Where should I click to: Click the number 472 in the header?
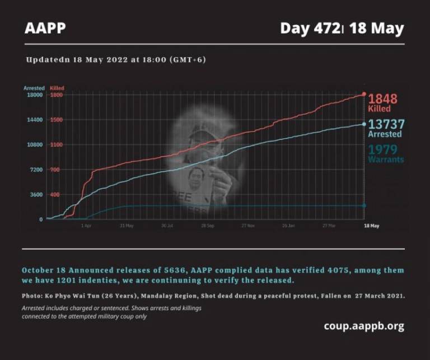tap(325, 29)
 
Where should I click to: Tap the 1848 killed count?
tap(382, 99)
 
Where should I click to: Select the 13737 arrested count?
tap(386, 124)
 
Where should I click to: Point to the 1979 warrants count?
tap(382, 149)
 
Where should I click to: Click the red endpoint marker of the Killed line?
tap(364, 95)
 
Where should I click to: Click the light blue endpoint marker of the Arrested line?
tap(364, 124)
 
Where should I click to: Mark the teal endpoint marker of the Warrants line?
tap(364, 205)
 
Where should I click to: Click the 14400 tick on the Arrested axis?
tap(35, 120)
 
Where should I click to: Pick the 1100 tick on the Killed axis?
tap(56, 144)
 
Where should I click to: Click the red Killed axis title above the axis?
tap(57, 88)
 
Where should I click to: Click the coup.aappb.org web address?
tap(363, 326)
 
